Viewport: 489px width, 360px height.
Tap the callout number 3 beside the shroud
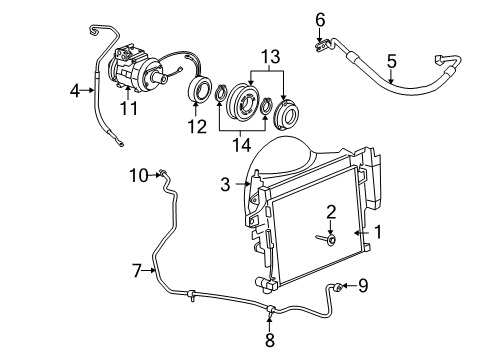226,183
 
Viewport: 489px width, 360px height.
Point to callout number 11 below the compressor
127,106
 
